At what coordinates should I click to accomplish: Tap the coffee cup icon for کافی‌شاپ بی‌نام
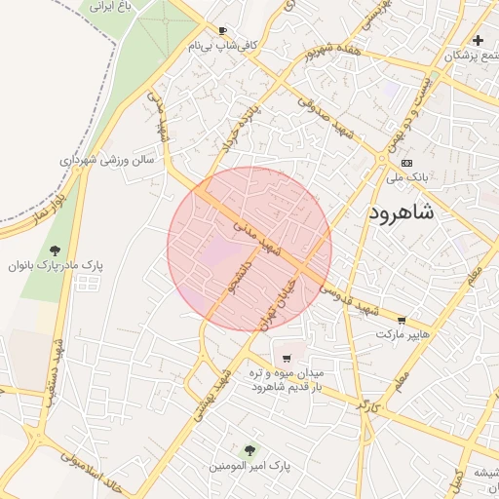coord(223,30)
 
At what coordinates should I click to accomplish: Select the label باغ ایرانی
coord(110,6)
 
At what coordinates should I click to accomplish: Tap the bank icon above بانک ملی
coord(406,163)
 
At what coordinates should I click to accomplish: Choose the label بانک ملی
coord(407,177)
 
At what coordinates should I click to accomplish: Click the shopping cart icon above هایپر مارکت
coord(402,320)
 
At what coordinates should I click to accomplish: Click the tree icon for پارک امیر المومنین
coord(250,450)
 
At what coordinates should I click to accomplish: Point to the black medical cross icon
coord(478,40)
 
